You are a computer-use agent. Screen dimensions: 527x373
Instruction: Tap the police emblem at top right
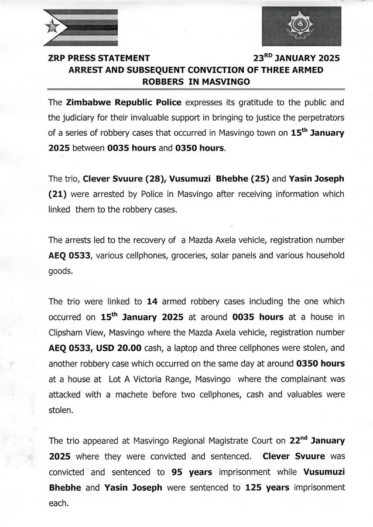pos(301,26)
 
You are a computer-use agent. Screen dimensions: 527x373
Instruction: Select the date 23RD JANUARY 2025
pos(296,59)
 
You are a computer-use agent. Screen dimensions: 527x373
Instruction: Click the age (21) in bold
pos(60,193)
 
